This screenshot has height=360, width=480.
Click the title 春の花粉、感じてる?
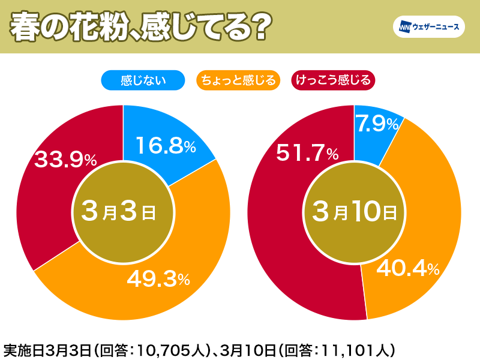[x=138, y=27]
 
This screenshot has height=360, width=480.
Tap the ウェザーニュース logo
[x=427, y=27]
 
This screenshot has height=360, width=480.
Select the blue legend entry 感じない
[x=143, y=79]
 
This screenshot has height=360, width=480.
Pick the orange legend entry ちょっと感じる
[x=238, y=79]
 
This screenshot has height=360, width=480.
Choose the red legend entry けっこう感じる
[x=332, y=79]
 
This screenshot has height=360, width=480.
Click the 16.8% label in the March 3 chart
[x=166, y=145]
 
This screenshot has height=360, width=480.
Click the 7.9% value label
[x=377, y=124]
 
